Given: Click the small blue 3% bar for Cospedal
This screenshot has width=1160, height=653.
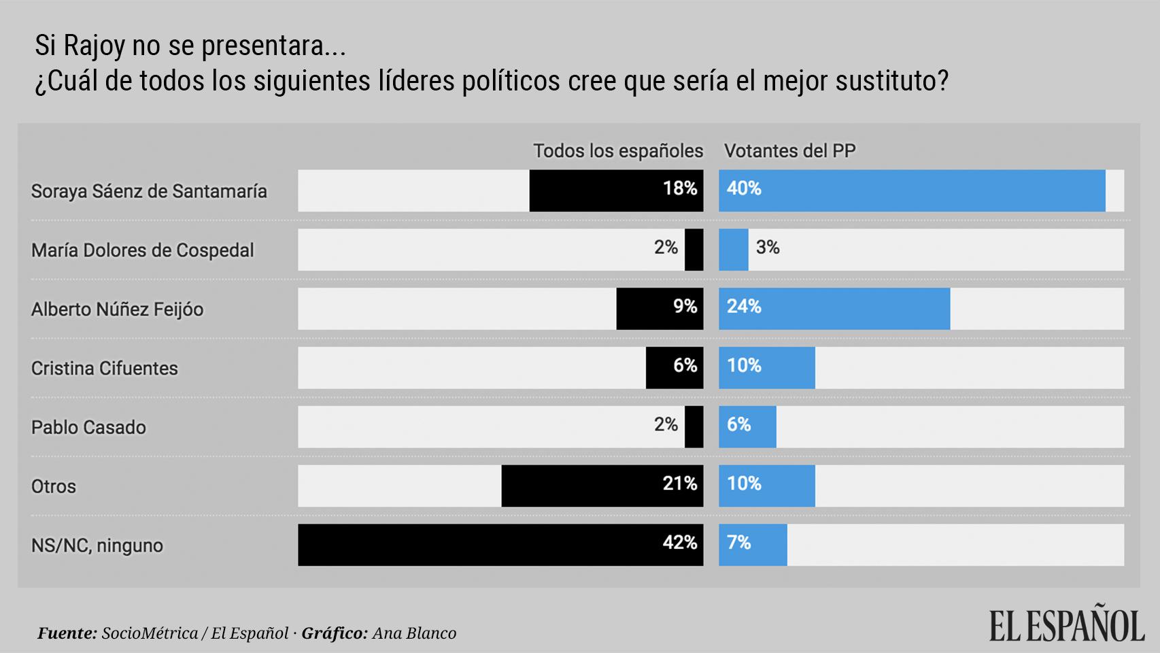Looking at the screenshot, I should coord(733,250).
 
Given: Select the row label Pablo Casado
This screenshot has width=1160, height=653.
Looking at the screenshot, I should coord(88,427).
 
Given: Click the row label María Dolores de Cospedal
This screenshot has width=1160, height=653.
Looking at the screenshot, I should coord(142,250).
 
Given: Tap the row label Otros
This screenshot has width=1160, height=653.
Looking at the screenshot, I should coord(53,486).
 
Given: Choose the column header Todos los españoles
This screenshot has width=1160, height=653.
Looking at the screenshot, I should coord(617,150).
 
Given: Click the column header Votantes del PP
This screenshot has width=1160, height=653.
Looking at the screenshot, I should coord(789,150).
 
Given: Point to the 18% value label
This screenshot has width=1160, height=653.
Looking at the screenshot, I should coord(680,188).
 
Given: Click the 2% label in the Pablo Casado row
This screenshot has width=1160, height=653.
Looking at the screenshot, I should coord(666,424).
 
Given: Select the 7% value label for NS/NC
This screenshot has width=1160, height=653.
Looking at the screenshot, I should coord(738,543).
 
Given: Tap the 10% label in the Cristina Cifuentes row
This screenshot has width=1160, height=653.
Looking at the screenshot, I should coord(744,366).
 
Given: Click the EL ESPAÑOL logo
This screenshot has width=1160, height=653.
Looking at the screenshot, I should coord(1066,624).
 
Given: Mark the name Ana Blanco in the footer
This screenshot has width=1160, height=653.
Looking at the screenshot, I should coord(414,633).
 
